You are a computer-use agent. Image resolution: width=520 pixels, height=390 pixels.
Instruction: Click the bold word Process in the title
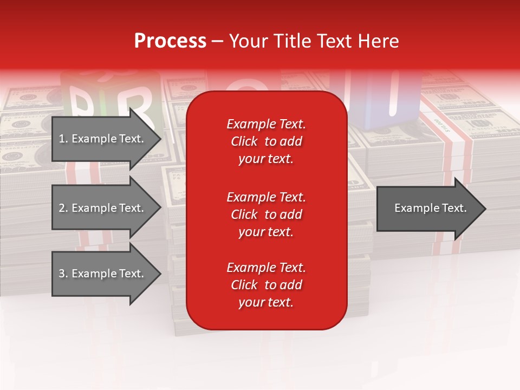coord(170,41)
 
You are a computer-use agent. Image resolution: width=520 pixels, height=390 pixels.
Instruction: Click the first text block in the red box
coord(266,141)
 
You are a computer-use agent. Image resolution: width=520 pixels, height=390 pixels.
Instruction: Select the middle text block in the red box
coord(266,214)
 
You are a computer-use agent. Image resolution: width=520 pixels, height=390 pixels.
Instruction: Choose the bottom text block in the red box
coord(266,285)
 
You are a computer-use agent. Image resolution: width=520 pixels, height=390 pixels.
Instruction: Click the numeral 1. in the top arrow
coord(63,139)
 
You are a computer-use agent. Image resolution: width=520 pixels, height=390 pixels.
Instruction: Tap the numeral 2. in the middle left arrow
coord(63,208)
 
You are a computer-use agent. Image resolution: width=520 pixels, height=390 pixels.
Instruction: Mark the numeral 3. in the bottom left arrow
coord(63,274)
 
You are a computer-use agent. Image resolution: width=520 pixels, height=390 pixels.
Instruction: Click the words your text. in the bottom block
coord(266,302)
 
